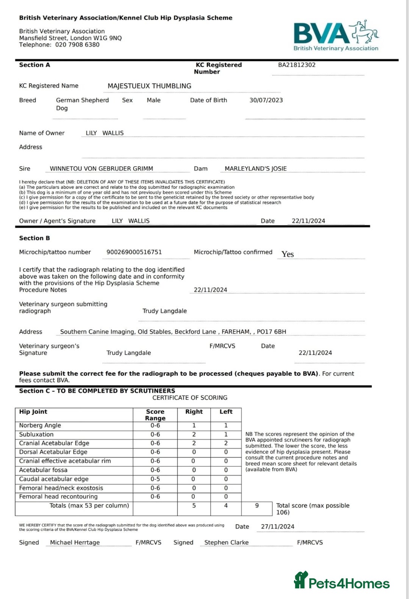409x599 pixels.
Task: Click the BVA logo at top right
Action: pos(336,36)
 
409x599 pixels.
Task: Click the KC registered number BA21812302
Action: pos(297,65)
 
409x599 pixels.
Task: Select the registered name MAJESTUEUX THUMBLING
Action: pos(149,86)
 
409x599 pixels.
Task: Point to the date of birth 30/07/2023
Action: pos(266,100)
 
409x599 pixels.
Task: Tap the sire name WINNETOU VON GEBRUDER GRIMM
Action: pos(101,168)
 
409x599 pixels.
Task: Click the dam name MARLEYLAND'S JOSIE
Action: pos(256,168)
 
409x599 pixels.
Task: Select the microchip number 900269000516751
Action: pos(134,252)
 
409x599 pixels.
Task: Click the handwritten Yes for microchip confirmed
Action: pos(287,254)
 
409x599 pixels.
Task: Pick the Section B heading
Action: pos(34,238)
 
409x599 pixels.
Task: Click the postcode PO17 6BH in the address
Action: pos(272,332)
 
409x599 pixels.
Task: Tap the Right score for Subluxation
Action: pos(194,434)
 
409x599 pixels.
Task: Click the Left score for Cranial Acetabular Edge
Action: pos(226,443)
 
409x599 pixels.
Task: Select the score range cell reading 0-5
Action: pos(155,479)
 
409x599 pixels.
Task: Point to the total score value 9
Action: pos(257,505)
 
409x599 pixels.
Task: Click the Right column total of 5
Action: pos(194,505)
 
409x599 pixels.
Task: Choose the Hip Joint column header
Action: pos(33,412)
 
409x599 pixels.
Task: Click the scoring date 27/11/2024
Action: pos(278,527)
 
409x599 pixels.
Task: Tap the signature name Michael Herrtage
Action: pos(75,543)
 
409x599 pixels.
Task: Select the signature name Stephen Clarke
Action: pos(226,543)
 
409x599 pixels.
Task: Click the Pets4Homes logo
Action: pos(342,581)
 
